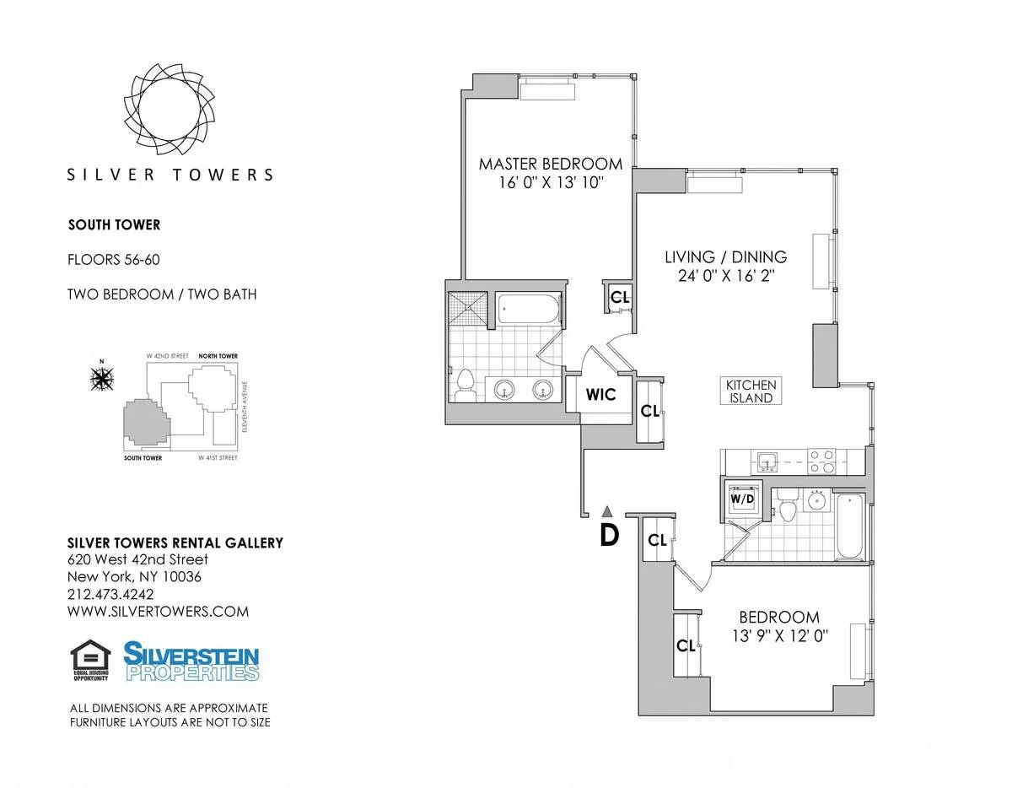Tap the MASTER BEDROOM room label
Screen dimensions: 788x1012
click(551, 164)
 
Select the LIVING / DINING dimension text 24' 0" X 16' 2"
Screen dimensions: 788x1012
click(725, 275)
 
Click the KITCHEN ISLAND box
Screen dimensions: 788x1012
click(751, 391)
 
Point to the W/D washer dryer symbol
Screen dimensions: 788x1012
click(741, 498)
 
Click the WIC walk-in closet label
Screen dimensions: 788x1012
click(601, 395)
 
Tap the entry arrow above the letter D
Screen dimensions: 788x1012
click(606, 510)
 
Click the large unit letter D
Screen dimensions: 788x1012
click(609, 535)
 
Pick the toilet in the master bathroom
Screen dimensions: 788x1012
click(465, 385)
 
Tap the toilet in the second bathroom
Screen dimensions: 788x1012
click(788, 510)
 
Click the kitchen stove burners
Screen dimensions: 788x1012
click(821, 461)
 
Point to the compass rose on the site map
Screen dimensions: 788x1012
click(102, 380)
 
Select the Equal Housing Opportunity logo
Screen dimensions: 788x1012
click(90, 661)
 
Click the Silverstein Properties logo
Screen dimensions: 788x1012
click(191, 661)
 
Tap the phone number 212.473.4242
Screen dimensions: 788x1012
click(110, 594)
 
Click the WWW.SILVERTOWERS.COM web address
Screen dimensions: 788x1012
click(158, 612)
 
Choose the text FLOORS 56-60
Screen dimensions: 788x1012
click(113, 260)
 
